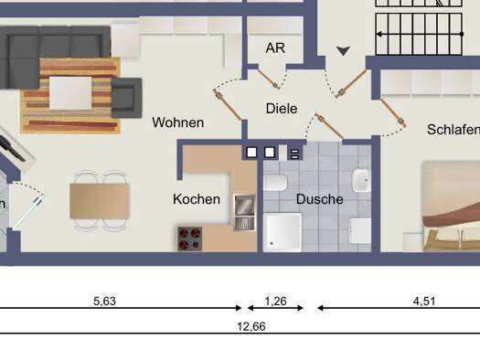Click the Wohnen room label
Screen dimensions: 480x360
click(x=178, y=122)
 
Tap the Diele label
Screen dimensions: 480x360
click(x=282, y=109)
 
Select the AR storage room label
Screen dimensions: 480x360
click(x=275, y=48)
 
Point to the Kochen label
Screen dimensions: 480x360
click(x=197, y=199)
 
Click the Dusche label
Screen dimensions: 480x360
click(x=320, y=199)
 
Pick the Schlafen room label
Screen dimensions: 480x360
click(x=453, y=130)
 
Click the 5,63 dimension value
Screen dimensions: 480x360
click(x=105, y=302)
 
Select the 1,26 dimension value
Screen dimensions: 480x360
click(x=275, y=302)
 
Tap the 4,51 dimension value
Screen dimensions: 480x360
click(x=424, y=302)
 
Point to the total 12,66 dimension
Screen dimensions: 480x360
click(x=251, y=327)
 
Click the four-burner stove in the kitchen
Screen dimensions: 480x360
click(x=190, y=238)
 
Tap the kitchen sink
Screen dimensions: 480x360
click(x=244, y=213)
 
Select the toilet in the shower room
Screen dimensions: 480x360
click(x=275, y=183)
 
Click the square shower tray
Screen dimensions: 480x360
click(x=283, y=232)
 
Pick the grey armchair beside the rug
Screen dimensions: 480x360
click(x=126, y=98)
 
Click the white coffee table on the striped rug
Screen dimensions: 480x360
click(x=70, y=93)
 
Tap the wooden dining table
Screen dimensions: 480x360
click(x=100, y=201)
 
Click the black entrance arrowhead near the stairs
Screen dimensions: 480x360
click(x=343, y=51)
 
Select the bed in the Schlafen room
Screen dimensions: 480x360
click(x=452, y=206)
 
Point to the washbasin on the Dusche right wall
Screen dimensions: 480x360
click(x=361, y=181)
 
